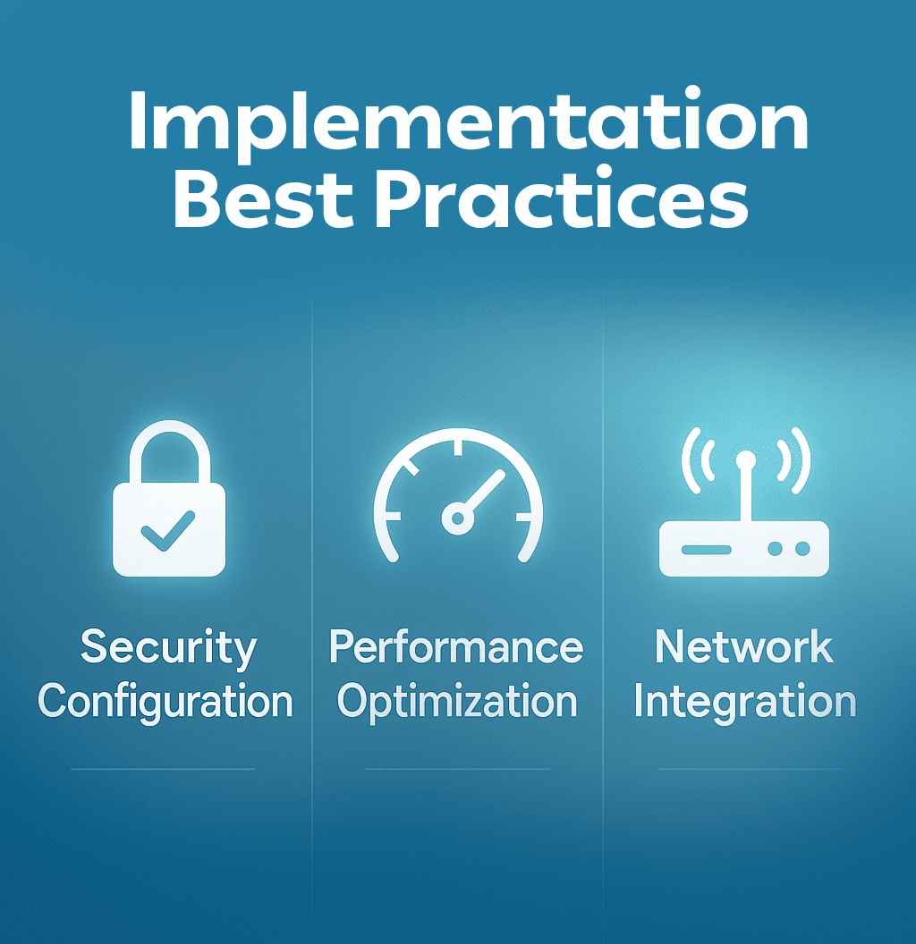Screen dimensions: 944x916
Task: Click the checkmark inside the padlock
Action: coord(167,534)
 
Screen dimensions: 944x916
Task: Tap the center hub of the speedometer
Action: coord(457,518)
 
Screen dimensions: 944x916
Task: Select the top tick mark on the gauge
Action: coord(457,443)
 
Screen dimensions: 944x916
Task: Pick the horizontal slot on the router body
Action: coord(706,549)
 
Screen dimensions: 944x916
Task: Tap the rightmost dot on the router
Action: coord(801,549)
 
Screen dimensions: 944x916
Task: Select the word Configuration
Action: coord(166,703)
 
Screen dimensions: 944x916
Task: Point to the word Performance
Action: coord(456,647)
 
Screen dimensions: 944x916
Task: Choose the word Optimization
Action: coord(457,703)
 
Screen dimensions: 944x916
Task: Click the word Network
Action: coord(744,647)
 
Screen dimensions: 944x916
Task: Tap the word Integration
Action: coord(744,701)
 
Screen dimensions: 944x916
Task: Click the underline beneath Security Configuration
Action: coord(163,769)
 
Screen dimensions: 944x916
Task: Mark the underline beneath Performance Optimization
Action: coord(457,769)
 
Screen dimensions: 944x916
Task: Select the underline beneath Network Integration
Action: coord(750,769)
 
